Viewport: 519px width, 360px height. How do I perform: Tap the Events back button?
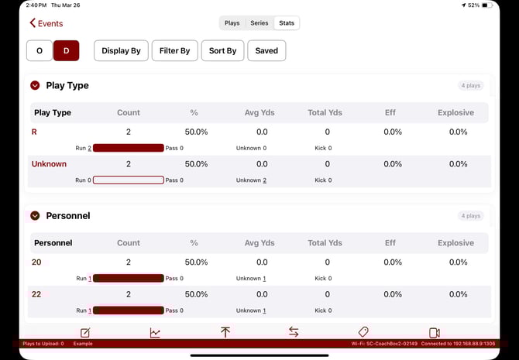[x=46, y=23]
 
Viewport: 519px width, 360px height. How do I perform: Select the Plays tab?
[x=232, y=23]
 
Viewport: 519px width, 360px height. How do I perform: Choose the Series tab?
[x=259, y=23]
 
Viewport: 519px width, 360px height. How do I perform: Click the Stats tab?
[x=287, y=23]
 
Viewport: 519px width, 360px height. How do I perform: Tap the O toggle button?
[x=39, y=51]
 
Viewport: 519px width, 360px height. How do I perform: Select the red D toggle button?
[x=66, y=51]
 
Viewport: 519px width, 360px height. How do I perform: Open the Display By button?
[x=121, y=51]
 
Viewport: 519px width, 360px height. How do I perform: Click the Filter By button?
[x=174, y=51]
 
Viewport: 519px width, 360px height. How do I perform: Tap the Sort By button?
[x=222, y=51]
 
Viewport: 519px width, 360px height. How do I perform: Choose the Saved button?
[x=266, y=51]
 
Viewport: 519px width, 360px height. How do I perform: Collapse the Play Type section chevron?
[x=35, y=86]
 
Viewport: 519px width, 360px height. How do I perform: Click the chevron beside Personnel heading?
[x=35, y=216]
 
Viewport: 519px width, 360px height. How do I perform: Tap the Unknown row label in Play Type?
[x=49, y=164]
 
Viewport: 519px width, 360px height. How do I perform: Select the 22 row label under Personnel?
[x=36, y=294]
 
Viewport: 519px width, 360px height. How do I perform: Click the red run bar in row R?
[x=128, y=148]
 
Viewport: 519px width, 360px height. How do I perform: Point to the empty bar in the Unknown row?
[x=128, y=180]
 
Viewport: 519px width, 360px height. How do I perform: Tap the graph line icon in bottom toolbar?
[x=155, y=333]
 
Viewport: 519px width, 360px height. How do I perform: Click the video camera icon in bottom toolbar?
[x=434, y=333]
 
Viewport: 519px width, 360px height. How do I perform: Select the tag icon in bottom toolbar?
[x=363, y=332]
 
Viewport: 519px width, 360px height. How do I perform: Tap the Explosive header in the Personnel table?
[x=455, y=243]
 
